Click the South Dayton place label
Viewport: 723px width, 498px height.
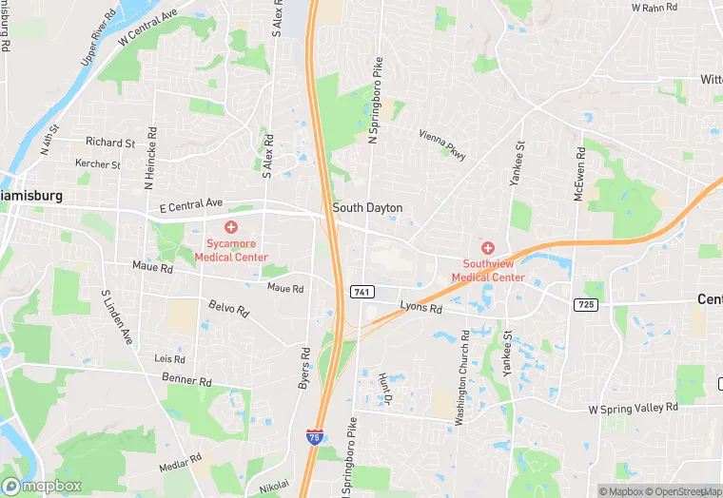[367, 207]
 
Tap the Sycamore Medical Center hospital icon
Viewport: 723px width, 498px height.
[231, 227]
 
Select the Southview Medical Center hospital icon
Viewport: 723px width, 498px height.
[488, 247]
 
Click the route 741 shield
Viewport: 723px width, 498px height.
[361, 291]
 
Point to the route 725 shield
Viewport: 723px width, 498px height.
[586, 303]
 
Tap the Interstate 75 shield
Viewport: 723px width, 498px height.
[314, 436]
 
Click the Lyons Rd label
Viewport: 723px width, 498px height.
[420, 308]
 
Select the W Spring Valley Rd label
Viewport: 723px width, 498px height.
[633, 407]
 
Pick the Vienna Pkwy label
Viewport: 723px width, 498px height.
[441, 145]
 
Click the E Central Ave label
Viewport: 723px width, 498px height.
[190, 203]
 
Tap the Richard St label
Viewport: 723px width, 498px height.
[110, 143]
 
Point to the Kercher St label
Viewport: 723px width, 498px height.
[98, 164]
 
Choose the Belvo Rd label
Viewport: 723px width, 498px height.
[228, 309]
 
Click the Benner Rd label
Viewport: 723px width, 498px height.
[186, 380]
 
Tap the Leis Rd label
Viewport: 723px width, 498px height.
[169, 358]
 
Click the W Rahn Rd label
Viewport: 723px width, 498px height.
[655, 8]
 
